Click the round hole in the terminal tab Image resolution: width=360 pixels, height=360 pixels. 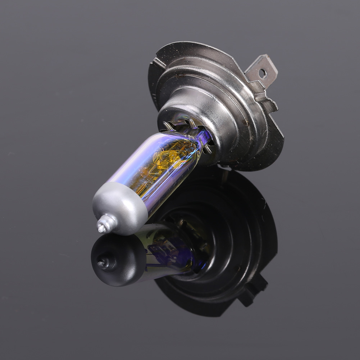262,73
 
